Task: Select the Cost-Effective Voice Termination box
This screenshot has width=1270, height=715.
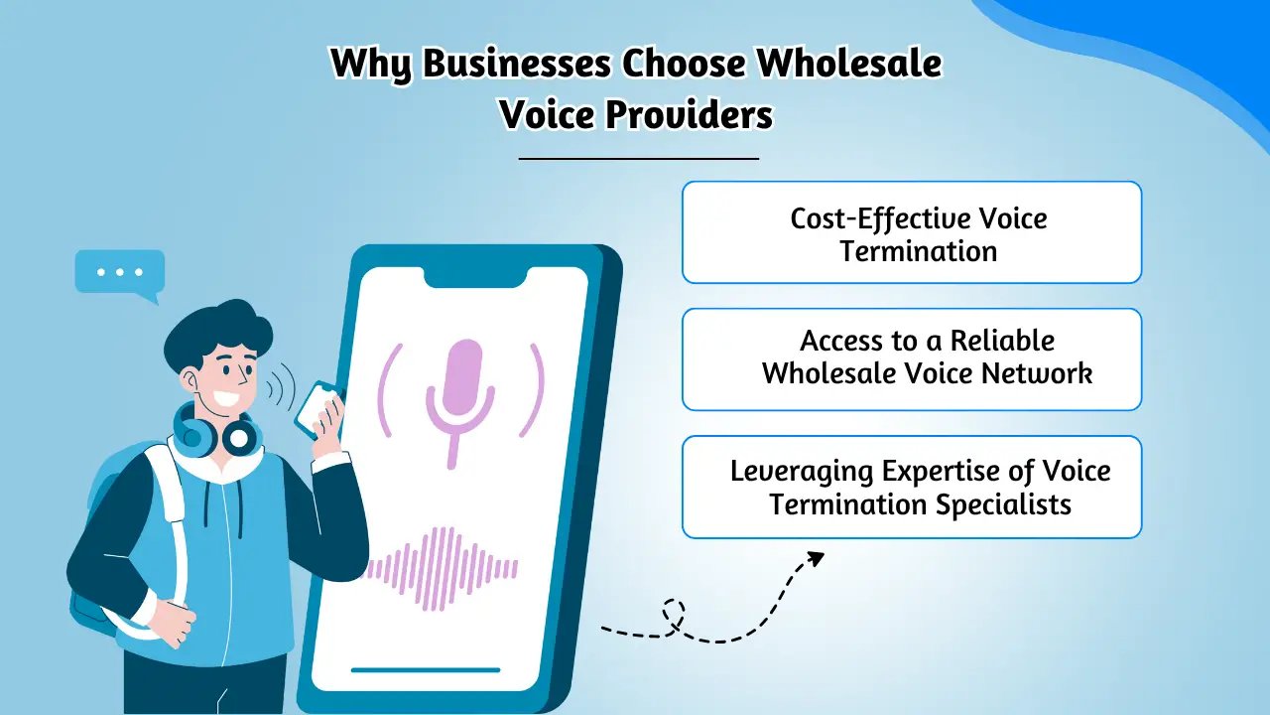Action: click(x=911, y=232)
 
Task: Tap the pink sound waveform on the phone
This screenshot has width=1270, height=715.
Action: click(x=443, y=568)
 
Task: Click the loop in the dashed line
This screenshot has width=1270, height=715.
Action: click(x=675, y=612)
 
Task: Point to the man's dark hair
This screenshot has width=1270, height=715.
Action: click(x=213, y=329)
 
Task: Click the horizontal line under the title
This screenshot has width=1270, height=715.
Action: click(x=638, y=158)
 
